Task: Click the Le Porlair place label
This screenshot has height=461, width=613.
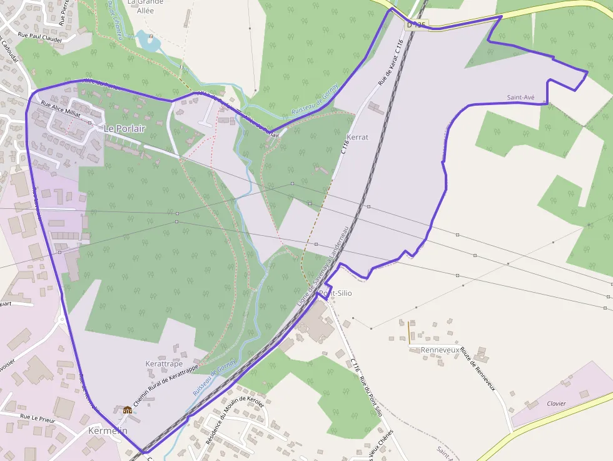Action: pyautogui.click(x=124, y=128)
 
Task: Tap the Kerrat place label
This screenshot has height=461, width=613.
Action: pyautogui.click(x=357, y=136)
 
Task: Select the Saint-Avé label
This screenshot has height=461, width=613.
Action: pyautogui.click(x=520, y=98)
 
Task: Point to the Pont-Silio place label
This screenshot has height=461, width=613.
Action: pyautogui.click(x=336, y=293)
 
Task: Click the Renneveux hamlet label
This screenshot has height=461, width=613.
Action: pyautogui.click(x=440, y=350)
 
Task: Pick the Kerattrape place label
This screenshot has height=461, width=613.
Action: pyautogui.click(x=164, y=363)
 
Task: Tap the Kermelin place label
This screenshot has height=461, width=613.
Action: pyautogui.click(x=108, y=430)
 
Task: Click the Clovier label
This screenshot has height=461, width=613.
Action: pyautogui.click(x=556, y=403)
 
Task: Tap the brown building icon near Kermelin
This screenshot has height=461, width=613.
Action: pyautogui.click(x=128, y=410)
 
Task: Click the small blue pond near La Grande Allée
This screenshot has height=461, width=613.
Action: pyautogui.click(x=148, y=42)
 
